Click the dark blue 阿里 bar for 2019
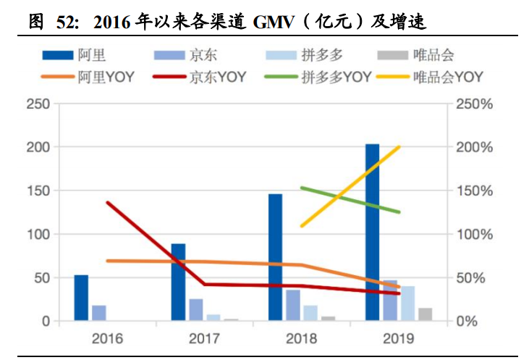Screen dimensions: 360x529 click(x=372, y=232)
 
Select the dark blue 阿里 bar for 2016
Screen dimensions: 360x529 click(x=81, y=298)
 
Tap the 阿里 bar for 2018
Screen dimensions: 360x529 click(x=275, y=257)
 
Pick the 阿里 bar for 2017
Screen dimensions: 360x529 click(x=178, y=282)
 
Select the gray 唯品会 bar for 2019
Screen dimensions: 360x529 click(x=426, y=314)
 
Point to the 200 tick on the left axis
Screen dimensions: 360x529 click(x=40, y=147)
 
